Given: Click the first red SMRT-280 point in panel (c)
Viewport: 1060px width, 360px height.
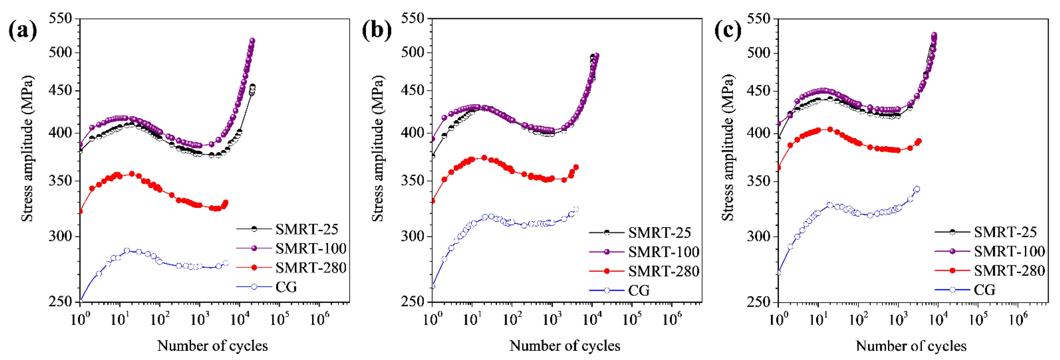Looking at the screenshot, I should (779, 168).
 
